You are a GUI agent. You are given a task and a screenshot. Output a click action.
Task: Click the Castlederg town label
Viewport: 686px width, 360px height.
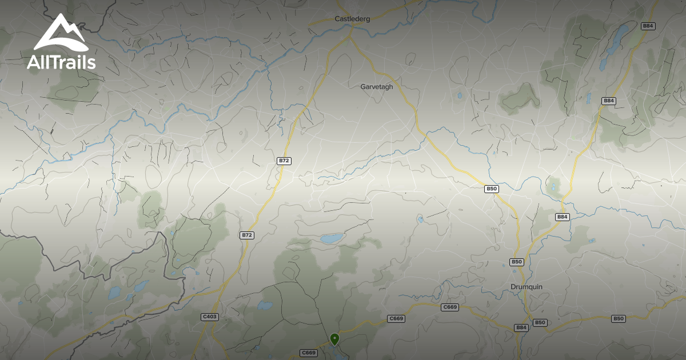(x=352, y=19)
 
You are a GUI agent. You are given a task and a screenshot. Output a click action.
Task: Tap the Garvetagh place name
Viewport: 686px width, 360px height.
(x=376, y=87)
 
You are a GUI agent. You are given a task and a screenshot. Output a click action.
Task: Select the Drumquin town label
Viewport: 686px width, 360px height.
(x=526, y=287)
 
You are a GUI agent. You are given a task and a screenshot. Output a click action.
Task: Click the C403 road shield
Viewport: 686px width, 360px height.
(x=210, y=317)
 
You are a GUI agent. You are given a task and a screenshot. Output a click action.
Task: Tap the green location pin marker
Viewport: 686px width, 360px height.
(x=334, y=339)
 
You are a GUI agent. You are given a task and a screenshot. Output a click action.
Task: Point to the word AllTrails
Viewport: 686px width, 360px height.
(x=61, y=63)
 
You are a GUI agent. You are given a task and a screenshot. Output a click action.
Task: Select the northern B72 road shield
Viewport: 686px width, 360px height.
(x=284, y=161)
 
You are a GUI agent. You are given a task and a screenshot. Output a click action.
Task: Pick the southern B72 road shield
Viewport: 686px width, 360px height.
(x=247, y=235)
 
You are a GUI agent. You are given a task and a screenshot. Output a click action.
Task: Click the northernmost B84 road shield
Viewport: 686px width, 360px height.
(x=648, y=26)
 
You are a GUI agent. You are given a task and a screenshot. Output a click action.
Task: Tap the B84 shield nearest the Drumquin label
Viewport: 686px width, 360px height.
(x=521, y=327)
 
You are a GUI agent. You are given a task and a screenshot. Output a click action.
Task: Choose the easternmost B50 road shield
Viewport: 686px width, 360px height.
(x=618, y=318)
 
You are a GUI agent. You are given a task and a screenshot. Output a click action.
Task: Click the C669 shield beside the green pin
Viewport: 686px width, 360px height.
(x=308, y=353)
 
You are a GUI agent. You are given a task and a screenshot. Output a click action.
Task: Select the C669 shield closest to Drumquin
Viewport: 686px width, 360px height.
(x=450, y=307)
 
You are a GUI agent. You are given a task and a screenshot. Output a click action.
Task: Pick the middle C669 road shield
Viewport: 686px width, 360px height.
(x=396, y=318)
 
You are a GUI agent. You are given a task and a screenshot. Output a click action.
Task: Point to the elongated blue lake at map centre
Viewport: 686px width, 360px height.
(x=332, y=238)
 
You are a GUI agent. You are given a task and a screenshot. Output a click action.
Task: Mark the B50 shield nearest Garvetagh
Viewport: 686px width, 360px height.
(x=492, y=189)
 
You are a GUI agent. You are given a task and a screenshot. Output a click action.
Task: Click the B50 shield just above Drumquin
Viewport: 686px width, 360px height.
(x=516, y=262)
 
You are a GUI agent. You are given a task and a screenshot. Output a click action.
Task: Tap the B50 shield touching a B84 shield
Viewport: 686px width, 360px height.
(x=540, y=323)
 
